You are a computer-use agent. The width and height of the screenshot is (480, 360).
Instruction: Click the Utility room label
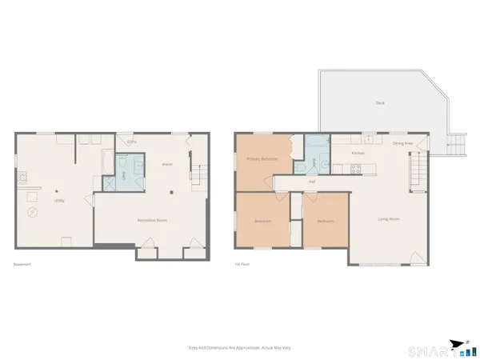click(58, 201)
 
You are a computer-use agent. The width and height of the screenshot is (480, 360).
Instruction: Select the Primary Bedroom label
click(262, 160)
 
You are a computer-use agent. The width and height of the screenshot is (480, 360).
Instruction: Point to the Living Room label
click(389, 219)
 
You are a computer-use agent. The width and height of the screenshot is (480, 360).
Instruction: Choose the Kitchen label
click(358, 153)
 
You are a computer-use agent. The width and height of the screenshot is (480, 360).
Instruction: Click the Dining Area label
click(402, 143)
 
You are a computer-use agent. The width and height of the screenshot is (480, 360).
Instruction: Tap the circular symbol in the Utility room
click(32, 212)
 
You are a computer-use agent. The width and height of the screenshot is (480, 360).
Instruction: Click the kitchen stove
click(357, 167)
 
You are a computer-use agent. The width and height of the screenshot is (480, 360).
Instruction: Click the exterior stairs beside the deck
click(457, 146)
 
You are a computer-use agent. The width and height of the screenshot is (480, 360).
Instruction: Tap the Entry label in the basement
click(132, 142)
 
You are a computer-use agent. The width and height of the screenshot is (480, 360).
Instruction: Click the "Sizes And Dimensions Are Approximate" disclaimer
click(239, 348)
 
